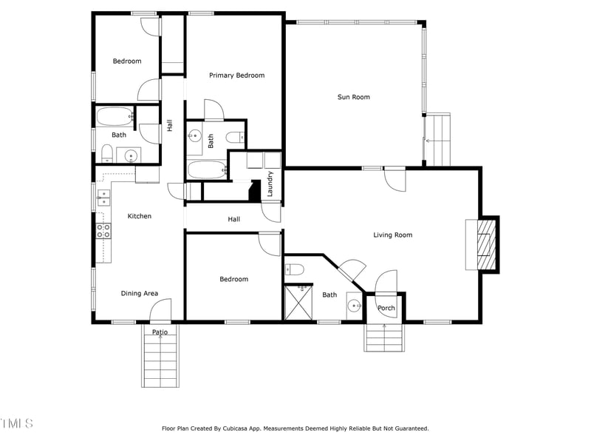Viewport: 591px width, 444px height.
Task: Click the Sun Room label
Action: pos(353,97)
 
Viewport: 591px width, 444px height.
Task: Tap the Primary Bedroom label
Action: pos(236,75)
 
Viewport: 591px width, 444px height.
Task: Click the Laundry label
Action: pos(271,184)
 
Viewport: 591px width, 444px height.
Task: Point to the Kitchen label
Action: pos(140,216)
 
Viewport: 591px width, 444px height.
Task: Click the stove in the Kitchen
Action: pos(103,230)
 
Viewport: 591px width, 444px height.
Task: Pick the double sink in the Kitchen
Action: pos(103,197)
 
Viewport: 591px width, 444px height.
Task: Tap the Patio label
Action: pos(160,332)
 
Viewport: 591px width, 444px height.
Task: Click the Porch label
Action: pos(386,308)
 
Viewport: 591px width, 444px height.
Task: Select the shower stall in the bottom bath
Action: pos(299,303)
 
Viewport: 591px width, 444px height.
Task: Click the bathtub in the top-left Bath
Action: pos(114,116)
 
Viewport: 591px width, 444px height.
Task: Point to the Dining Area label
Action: pos(140,294)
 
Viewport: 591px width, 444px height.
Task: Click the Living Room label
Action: pos(392,235)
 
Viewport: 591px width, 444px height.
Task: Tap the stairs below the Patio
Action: pos(160,363)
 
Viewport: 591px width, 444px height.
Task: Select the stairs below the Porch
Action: pos(385,338)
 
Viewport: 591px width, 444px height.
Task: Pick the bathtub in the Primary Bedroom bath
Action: pos(206,169)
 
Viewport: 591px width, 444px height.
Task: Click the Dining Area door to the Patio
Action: pos(162,310)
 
